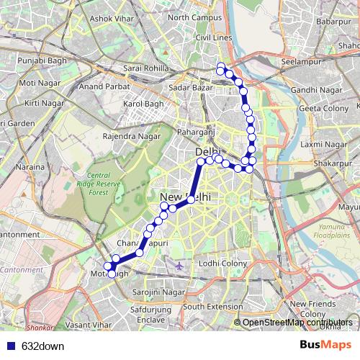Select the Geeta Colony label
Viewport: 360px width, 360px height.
point(323,108)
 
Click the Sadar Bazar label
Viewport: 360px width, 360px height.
point(190,88)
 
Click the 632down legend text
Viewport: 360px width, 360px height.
point(42,346)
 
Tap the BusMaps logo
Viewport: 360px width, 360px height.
point(321,345)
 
